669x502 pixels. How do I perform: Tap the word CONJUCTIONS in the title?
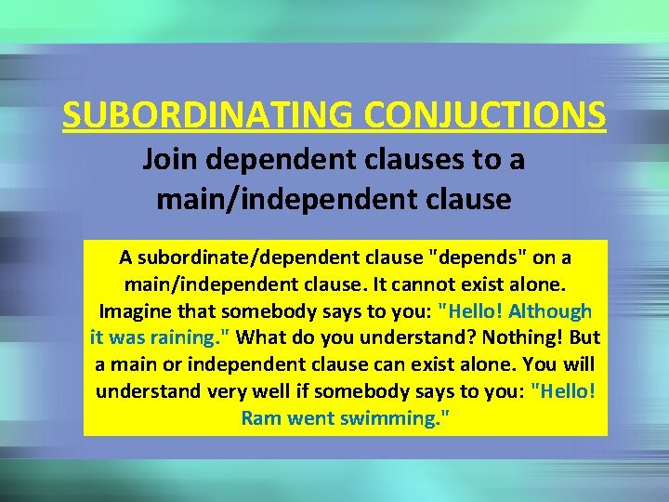(486, 115)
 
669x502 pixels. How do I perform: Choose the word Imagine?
(137, 310)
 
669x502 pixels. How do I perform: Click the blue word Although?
(553, 310)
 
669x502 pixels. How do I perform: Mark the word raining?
(190, 337)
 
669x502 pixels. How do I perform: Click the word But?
(583, 337)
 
